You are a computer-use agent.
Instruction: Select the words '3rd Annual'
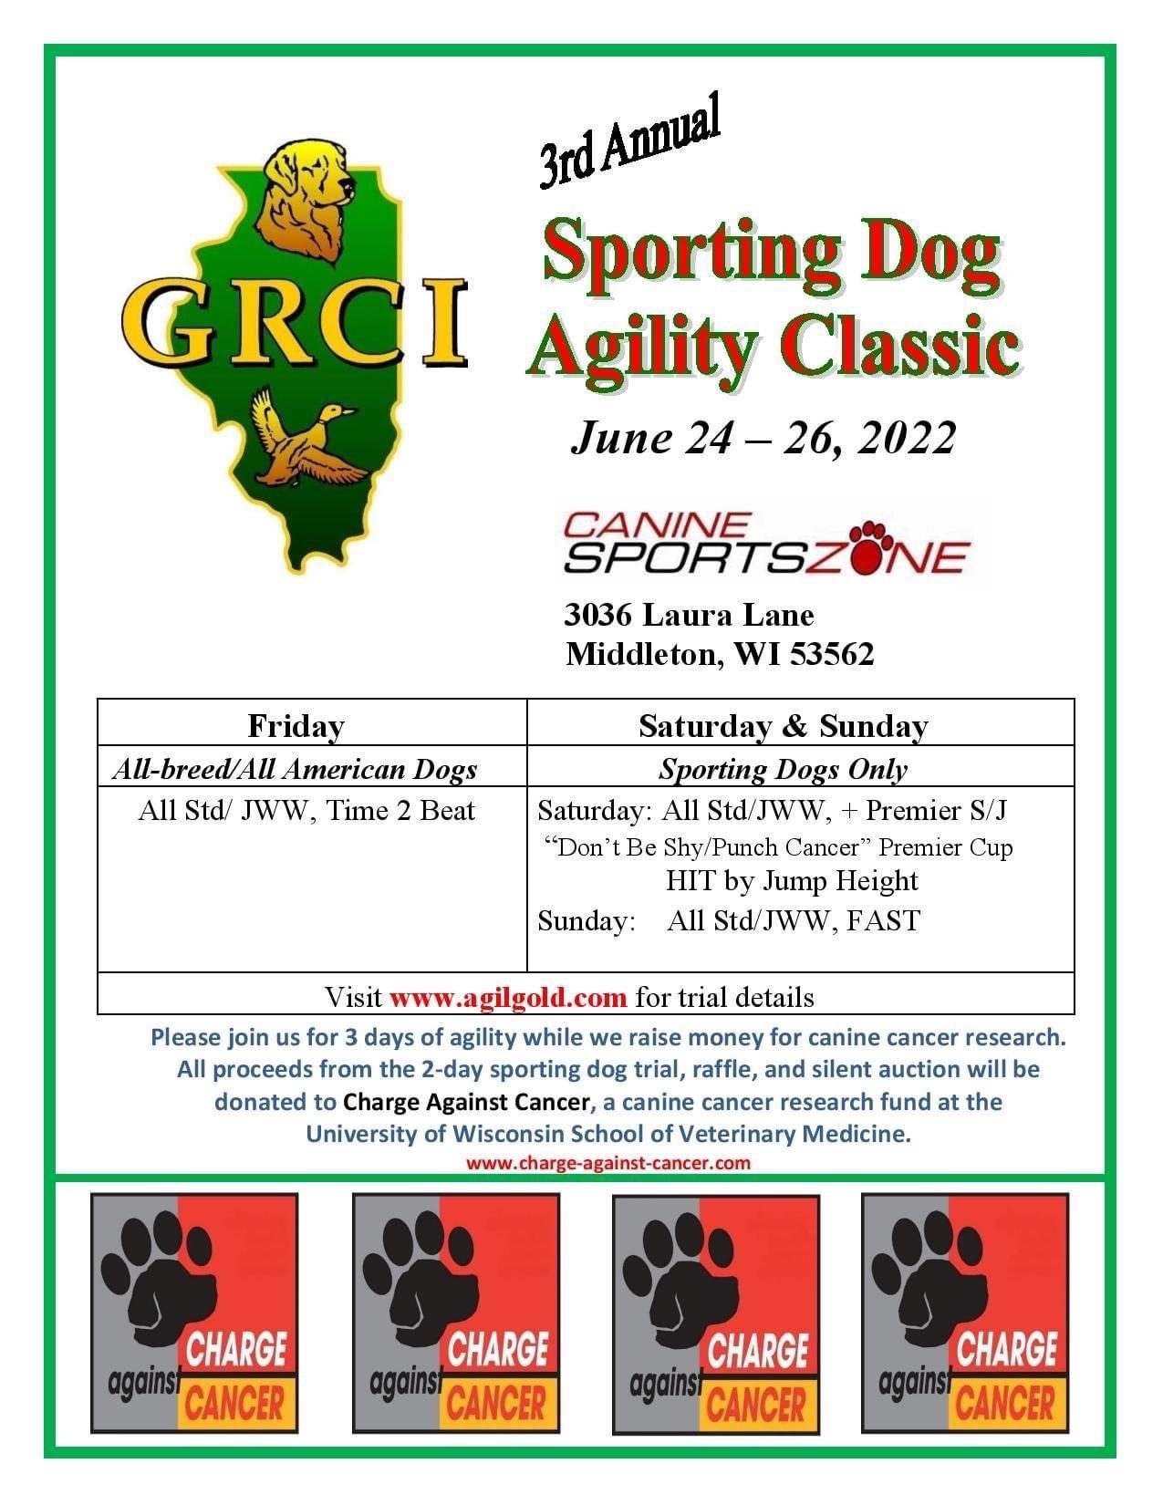(630, 140)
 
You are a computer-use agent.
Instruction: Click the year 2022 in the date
(907, 438)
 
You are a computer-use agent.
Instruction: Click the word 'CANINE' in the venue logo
(657, 525)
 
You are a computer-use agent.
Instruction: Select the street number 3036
(598, 615)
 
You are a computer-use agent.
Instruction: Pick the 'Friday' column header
(296, 726)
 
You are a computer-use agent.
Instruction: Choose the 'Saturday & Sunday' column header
(783, 726)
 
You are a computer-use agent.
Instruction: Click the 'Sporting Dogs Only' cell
(783, 770)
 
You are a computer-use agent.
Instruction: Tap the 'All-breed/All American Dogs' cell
(295, 770)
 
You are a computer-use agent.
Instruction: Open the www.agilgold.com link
(508, 997)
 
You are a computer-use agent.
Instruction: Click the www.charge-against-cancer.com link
(608, 1162)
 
